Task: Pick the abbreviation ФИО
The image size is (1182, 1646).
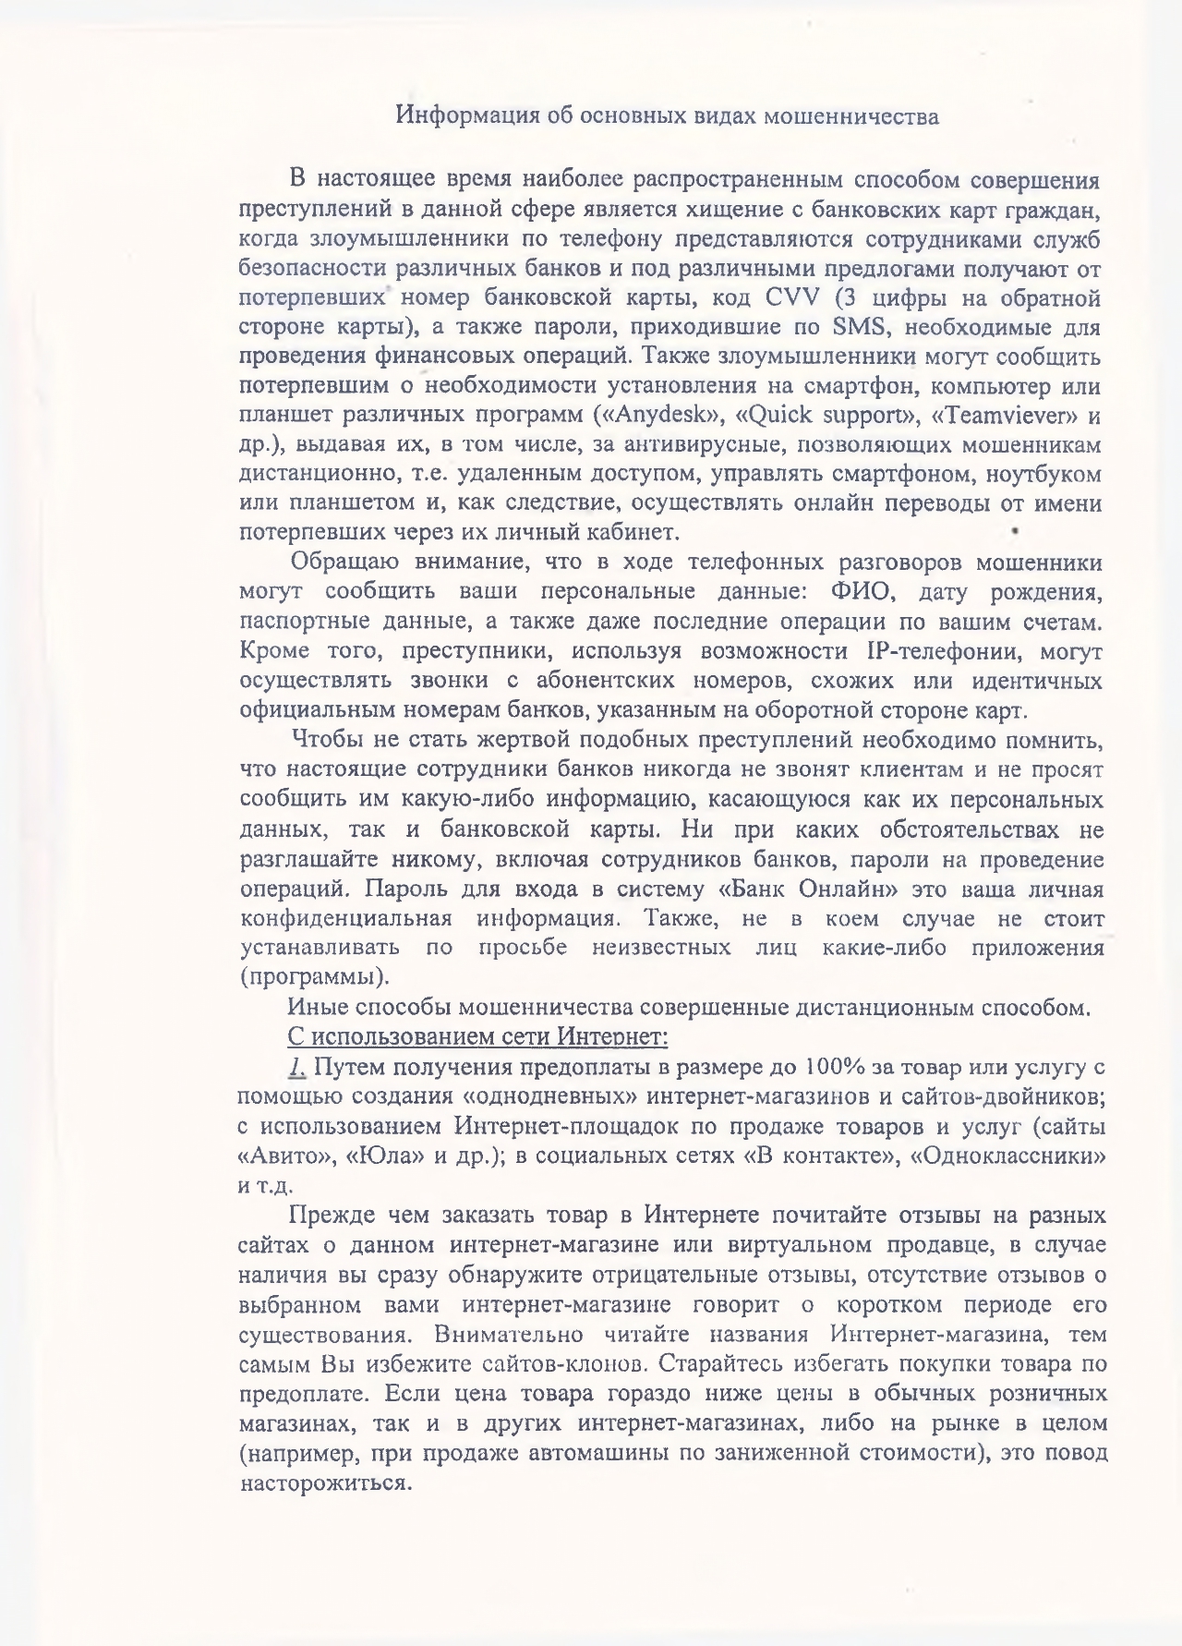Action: tap(864, 591)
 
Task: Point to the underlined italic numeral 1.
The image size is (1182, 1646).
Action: tap(295, 1067)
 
